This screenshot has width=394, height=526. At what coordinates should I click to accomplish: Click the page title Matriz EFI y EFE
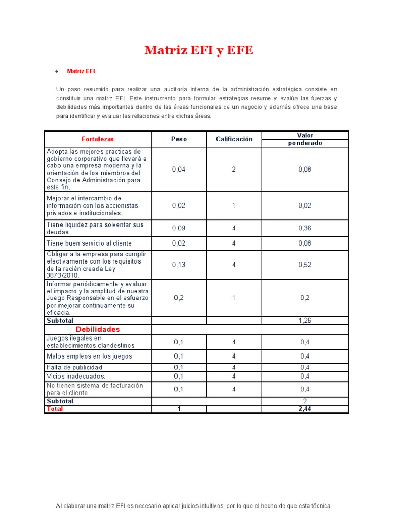[199, 50]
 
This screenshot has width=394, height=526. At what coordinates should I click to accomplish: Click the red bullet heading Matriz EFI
[81, 71]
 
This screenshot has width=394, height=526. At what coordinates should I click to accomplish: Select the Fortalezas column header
[97, 139]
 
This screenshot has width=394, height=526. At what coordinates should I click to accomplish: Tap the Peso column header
[179, 139]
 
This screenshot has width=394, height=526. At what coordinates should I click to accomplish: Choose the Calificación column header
[234, 139]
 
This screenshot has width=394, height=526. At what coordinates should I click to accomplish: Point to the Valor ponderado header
[305, 139]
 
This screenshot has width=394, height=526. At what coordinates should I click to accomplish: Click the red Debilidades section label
[97, 329]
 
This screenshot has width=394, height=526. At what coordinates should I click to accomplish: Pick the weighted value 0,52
[305, 265]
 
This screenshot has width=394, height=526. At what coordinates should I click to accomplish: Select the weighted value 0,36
[305, 228]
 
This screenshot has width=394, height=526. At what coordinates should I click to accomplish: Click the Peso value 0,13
[179, 265]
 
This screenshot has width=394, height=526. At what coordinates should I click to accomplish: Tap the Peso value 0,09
[179, 228]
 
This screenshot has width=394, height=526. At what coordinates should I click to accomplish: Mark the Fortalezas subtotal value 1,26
[305, 321]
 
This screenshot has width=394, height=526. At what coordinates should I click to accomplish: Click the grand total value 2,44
[305, 409]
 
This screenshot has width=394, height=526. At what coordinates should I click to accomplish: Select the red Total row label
[55, 409]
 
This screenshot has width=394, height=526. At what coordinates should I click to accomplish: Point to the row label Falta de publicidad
[74, 367]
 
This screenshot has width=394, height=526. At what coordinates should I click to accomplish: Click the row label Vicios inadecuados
[76, 376]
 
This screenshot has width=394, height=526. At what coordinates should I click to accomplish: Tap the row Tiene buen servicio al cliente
[89, 243]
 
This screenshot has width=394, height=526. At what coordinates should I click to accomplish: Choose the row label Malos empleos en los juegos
[89, 356]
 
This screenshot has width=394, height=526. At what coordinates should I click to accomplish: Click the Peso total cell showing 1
[179, 409]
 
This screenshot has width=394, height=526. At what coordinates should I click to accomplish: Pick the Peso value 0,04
[179, 170]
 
